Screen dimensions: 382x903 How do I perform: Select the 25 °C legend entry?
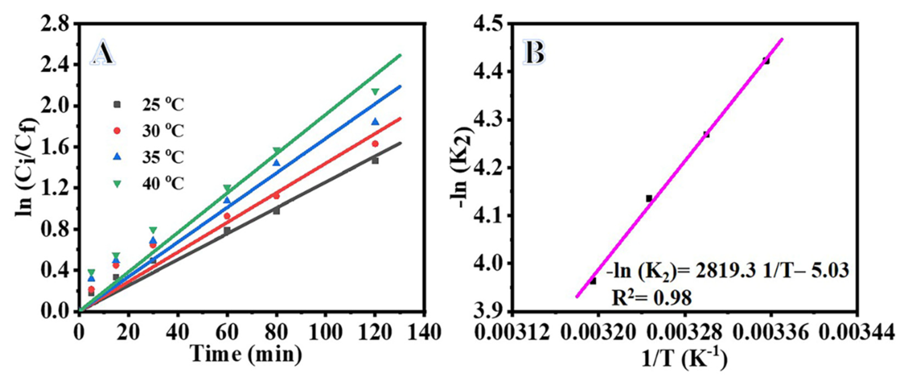pyautogui.click(x=151, y=104)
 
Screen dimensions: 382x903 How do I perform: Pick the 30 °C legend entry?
pyautogui.click(x=151, y=131)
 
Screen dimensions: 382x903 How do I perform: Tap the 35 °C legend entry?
pyautogui.click(x=151, y=157)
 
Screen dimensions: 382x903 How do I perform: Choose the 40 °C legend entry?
pyautogui.click(x=151, y=184)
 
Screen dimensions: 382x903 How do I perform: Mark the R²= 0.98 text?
pyautogui.click(x=652, y=298)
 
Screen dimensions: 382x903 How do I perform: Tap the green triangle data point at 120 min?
pyautogui.click(x=375, y=92)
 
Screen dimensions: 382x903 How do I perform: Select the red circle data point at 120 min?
pyautogui.click(x=375, y=144)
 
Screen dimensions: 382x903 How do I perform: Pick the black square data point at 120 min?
pyautogui.click(x=375, y=161)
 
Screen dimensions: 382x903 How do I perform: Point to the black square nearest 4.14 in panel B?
pyautogui.click(x=649, y=198)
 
